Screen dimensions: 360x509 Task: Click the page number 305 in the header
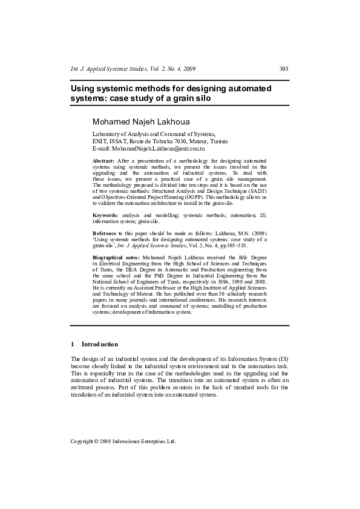(283, 68)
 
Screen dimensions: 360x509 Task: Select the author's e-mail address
(157, 148)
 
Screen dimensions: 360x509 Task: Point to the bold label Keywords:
(105, 215)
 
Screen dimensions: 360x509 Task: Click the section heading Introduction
(101, 344)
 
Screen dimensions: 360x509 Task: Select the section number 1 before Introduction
(73, 344)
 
